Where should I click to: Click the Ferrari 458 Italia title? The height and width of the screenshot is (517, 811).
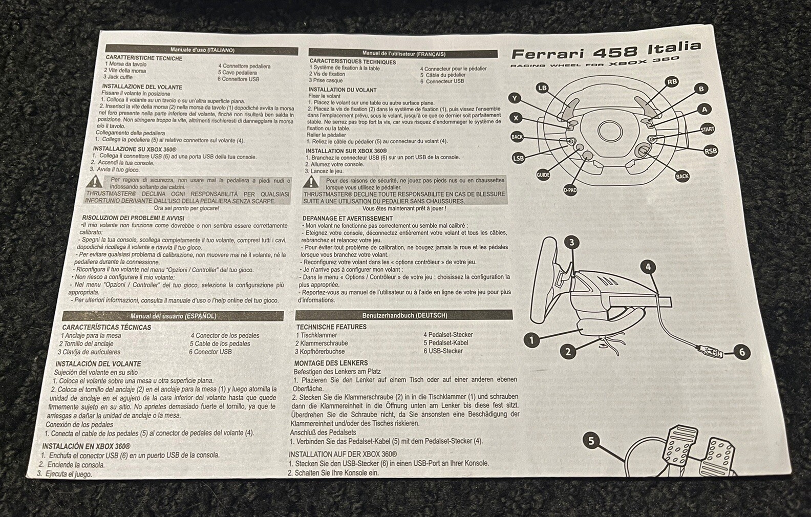606,51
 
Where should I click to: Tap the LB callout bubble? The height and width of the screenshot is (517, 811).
542,88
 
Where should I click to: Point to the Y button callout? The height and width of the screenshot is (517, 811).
515,98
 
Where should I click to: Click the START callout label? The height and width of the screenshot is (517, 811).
708,129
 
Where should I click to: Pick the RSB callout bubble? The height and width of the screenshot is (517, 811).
710,151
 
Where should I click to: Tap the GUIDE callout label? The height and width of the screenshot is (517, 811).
543,175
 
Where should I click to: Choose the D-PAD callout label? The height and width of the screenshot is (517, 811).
570,190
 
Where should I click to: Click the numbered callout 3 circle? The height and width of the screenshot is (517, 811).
571,242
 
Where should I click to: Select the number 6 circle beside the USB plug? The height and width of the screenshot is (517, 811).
741,352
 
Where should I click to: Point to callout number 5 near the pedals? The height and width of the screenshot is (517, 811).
591,441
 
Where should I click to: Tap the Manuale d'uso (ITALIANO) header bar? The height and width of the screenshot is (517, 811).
202,50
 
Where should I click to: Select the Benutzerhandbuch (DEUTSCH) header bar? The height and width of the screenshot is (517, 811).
404,315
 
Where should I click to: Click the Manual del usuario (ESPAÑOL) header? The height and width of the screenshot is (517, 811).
173,316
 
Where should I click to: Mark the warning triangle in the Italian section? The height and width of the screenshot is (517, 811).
95,181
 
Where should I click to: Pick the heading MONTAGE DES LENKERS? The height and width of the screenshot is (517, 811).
331,363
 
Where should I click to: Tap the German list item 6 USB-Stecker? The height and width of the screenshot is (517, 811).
443,351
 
